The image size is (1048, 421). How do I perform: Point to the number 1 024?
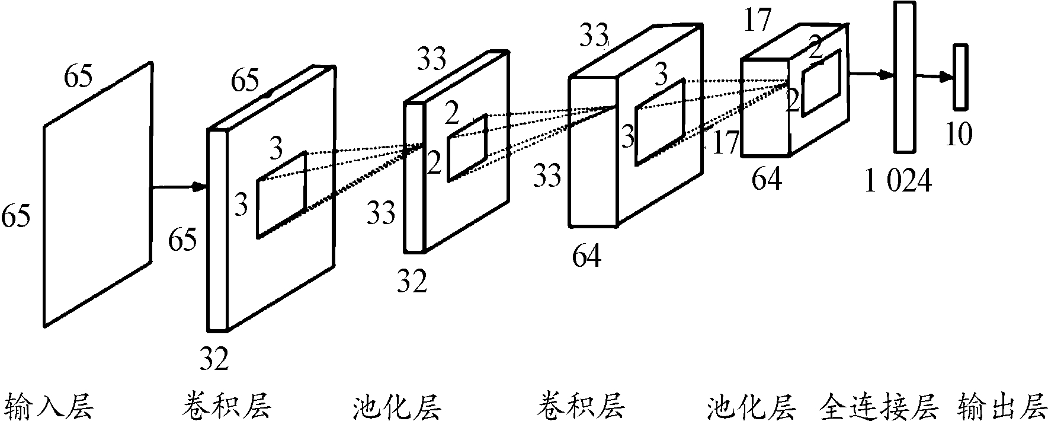point(898,181)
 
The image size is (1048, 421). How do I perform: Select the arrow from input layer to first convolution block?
point(178,187)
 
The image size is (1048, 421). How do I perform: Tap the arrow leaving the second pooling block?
point(871,74)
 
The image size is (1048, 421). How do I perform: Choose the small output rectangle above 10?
point(960,77)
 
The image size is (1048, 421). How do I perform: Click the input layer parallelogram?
point(98,194)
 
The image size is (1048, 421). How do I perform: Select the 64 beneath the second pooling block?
point(767,178)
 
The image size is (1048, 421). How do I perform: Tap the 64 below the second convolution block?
point(587,256)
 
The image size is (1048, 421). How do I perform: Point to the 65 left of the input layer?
point(16,216)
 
